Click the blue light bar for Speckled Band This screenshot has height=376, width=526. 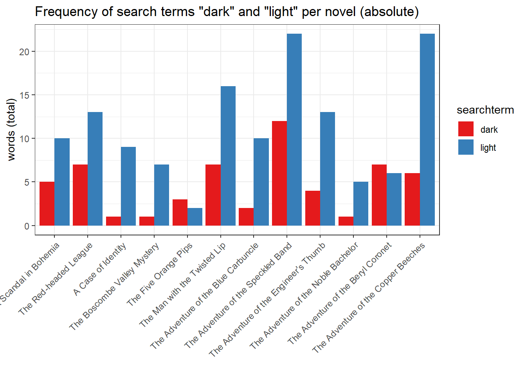coord(294,129)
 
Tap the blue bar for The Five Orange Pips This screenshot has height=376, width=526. coord(195,217)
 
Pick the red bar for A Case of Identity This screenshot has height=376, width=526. coord(113,221)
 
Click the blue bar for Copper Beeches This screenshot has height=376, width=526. coord(427,129)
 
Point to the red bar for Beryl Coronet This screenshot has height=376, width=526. coord(379,195)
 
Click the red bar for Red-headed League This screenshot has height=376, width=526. coord(80,195)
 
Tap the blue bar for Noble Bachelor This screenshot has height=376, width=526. coord(361,204)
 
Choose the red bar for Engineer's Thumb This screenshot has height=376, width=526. coord(313,208)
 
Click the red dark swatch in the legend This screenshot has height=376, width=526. coord(466,129)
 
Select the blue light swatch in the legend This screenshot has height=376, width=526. coord(466,147)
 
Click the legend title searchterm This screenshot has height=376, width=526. coord(485,110)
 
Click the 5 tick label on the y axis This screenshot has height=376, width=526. coord(27,182)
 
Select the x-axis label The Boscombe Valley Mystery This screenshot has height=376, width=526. coord(115,287)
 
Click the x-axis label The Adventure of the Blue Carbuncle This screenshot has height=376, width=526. coord(205,295)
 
